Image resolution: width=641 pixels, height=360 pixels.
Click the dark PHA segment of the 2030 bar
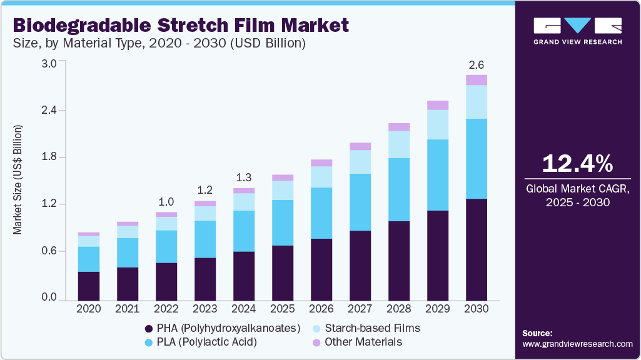[x=477, y=249]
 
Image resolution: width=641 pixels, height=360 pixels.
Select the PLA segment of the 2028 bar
[x=399, y=189]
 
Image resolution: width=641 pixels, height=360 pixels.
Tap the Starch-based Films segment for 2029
[x=438, y=124]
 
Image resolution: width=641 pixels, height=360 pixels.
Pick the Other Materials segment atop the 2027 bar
[x=360, y=146]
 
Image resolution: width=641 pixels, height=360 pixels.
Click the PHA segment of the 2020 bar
[x=89, y=286]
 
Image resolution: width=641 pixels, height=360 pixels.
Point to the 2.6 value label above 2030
[x=477, y=65]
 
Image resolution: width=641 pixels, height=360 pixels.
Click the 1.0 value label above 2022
[x=166, y=202]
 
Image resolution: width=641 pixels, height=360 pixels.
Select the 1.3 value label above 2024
[x=244, y=177]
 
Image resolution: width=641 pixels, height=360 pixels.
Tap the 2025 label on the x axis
[x=283, y=308]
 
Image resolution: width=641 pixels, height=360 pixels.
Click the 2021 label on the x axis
[x=128, y=308]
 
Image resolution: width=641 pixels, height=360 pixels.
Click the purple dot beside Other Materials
[x=316, y=342]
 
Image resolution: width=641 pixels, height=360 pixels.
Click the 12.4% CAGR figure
[x=577, y=164]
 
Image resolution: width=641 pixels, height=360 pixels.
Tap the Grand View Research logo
[x=577, y=31]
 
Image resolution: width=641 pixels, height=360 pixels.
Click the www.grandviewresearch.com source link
[x=577, y=344]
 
